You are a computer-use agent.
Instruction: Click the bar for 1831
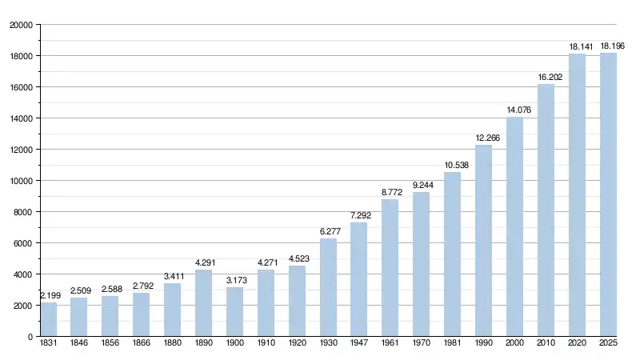coord(48,319)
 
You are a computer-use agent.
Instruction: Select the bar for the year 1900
coord(235,311)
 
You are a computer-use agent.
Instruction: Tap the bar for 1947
coord(359,279)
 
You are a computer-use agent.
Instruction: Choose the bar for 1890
coord(204,303)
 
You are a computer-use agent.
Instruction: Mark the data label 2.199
coord(49,296)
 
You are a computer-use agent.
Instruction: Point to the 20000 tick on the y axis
coord(21,25)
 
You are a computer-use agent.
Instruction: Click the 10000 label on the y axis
coord(21,181)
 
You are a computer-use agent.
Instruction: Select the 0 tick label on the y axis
coord(30,337)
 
